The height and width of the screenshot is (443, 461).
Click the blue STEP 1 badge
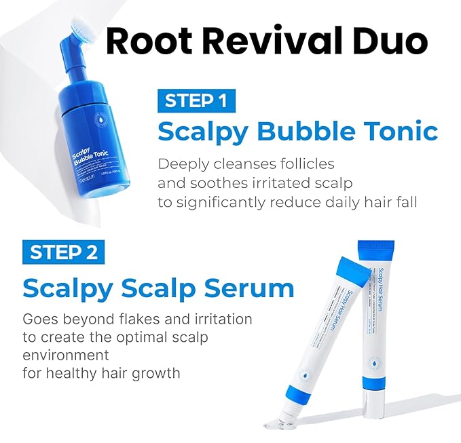click(196, 101)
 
